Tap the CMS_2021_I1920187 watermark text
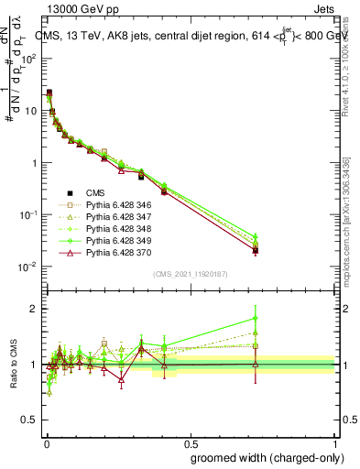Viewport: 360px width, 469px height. coord(190,274)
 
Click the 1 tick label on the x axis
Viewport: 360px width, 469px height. coord(336,442)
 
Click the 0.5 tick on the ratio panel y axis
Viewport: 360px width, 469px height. coord(31,421)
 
